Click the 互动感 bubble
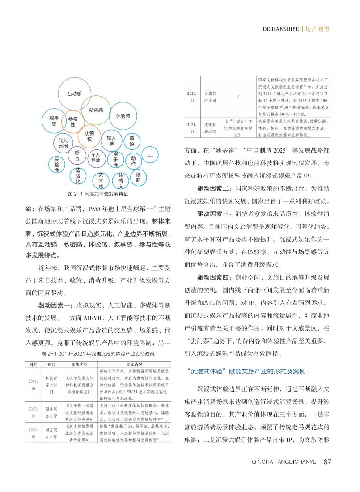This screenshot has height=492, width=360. click(x=74, y=94)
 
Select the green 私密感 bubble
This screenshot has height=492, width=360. click(x=96, y=110)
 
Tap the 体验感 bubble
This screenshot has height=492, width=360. click(x=123, y=116)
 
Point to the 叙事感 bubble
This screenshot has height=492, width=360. click(x=54, y=120)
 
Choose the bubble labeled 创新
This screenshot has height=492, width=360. click(x=139, y=177)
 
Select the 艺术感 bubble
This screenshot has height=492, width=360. click(x=101, y=180)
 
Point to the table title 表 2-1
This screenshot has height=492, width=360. click(x=97, y=353)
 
